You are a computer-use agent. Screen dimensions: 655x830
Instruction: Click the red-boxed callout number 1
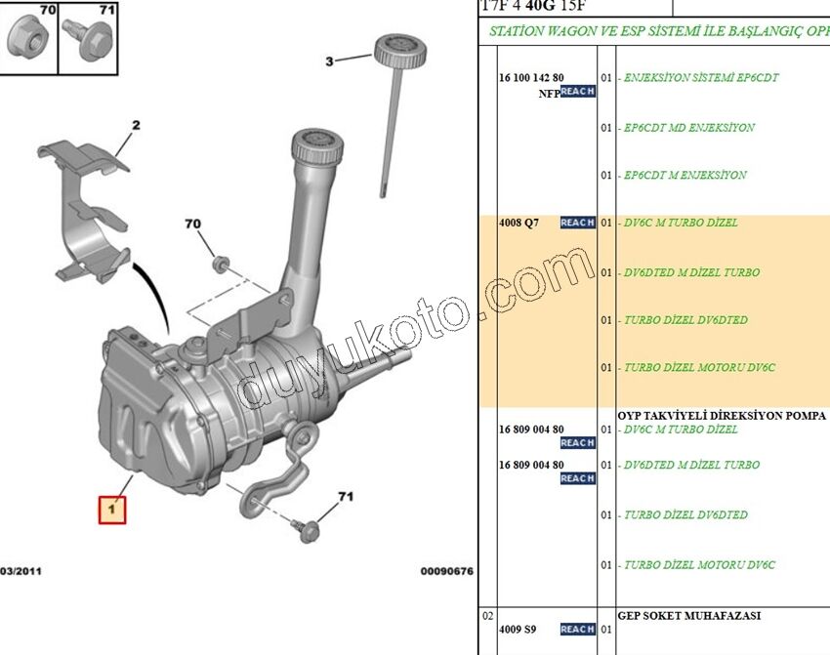pyautogui.click(x=111, y=510)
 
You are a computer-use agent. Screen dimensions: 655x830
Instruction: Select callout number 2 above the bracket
pyautogui.click(x=136, y=125)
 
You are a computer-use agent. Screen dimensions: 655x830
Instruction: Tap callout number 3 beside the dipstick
pyautogui.click(x=329, y=61)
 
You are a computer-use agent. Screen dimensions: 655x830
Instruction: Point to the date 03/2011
pyautogui.click(x=21, y=571)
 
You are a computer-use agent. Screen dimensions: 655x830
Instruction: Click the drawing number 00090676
pyautogui.click(x=446, y=571)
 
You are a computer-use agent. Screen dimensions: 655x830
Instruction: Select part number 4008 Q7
pyautogui.click(x=519, y=223)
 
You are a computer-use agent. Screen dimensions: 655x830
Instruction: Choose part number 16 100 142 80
pyautogui.click(x=531, y=77)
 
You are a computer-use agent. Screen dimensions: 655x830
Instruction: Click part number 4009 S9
pyautogui.click(x=518, y=629)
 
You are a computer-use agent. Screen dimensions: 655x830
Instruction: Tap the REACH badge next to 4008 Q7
pyautogui.click(x=577, y=223)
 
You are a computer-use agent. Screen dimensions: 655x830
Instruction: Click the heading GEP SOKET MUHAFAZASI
pyautogui.click(x=688, y=616)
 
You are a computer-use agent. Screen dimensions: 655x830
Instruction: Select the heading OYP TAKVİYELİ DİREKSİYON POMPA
pyautogui.click(x=722, y=415)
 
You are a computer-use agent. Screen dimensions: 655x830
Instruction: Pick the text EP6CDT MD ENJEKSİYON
pyautogui.click(x=688, y=128)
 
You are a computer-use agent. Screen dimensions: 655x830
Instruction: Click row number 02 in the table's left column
pyautogui.click(x=488, y=616)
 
